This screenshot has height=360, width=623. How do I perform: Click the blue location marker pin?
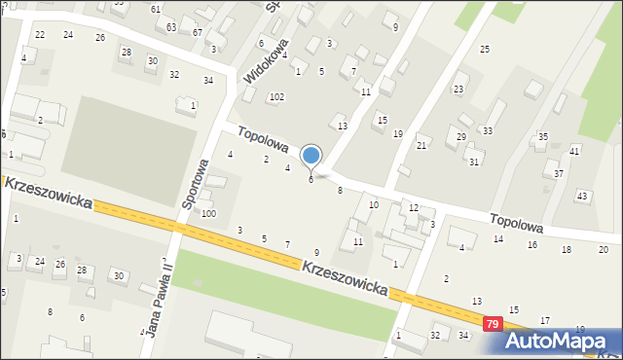click(311, 156)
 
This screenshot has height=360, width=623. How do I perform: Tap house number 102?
click(276, 97)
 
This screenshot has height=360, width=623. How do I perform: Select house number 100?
click(208, 213)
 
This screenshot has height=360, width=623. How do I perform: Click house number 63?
click(171, 27)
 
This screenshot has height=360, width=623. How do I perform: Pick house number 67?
click(198, 33)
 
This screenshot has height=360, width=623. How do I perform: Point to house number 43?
click(582, 197)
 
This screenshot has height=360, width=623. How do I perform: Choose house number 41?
click(574, 152)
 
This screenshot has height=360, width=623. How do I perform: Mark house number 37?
click(559, 173)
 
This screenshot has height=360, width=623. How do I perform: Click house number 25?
click(484, 49)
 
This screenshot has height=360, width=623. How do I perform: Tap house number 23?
click(458, 90)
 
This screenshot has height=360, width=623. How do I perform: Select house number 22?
click(40, 35)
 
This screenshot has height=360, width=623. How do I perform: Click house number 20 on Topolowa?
click(604, 250)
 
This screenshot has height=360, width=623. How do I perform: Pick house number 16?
click(532, 244)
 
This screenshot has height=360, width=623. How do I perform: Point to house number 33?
click(488, 130)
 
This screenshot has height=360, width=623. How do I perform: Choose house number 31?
click(474, 162)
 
